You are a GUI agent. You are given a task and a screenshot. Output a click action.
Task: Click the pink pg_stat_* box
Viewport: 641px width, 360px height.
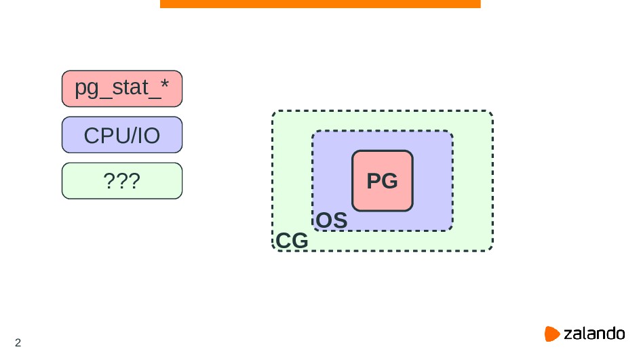click(122, 89)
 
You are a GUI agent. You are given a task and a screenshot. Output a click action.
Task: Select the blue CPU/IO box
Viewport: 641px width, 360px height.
click(122, 135)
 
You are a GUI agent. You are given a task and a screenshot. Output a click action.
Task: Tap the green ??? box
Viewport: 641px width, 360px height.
click(122, 181)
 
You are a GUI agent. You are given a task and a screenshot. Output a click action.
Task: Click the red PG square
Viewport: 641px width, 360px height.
click(382, 181)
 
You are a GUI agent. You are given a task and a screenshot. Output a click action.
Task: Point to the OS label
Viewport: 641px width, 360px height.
click(332, 221)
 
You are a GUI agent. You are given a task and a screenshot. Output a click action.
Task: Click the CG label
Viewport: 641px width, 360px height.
click(292, 241)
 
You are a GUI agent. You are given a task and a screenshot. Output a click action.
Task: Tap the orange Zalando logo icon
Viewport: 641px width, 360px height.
click(552, 334)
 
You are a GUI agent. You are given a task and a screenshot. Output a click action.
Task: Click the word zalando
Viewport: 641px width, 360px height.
click(594, 334)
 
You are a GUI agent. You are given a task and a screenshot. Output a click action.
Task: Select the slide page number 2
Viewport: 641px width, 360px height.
click(18, 342)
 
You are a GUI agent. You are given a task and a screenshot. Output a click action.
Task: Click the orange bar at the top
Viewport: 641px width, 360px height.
click(320, 4)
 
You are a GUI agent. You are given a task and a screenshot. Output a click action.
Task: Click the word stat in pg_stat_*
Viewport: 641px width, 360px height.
click(128, 89)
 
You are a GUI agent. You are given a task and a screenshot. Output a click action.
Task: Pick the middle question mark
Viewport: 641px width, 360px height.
click(122, 181)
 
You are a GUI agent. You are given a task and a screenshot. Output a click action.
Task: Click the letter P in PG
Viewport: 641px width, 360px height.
click(374, 182)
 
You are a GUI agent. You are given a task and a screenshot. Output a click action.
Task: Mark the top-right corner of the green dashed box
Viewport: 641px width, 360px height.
click(491, 113)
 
